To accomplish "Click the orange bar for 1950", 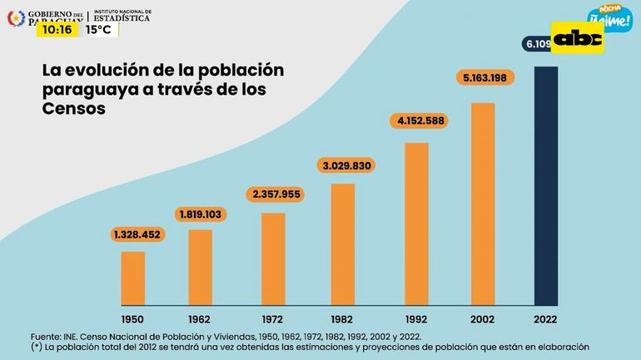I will (x=133, y=279).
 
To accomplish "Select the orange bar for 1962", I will (x=201, y=267).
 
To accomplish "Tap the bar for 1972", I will (x=273, y=259).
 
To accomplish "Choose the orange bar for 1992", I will (x=416, y=224).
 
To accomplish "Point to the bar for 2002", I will (x=483, y=204).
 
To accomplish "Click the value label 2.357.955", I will (x=274, y=195).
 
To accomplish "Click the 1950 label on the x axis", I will (x=133, y=318).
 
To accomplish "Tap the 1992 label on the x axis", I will (x=416, y=318).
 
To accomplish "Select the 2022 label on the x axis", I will (x=545, y=318).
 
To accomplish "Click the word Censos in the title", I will (x=74, y=109).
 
